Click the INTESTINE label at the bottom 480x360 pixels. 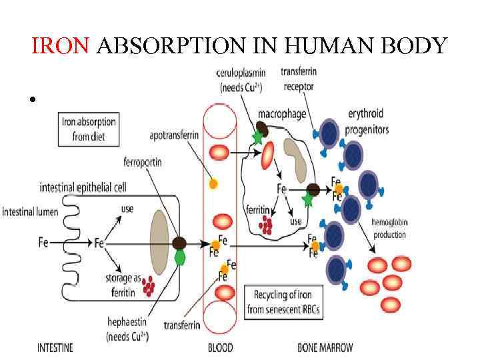pyautogui.click(x=55, y=347)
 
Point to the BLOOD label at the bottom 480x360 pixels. pyautogui.click(x=221, y=347)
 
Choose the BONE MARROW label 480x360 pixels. pyautogui.click(x=325, y=347)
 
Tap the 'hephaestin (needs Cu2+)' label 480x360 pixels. pyautogui.click(x=125, y=329)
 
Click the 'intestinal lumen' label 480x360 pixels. pyautogui.click(x=30, y=212)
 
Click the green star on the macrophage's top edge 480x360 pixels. pyautogui.click(x=257, y=138)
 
